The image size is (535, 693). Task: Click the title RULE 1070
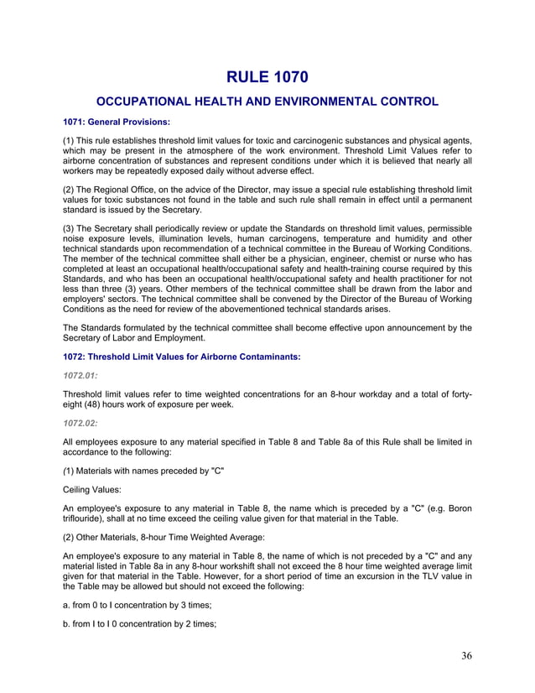[267, 78]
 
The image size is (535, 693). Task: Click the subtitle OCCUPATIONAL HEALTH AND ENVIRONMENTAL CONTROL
[267, 102]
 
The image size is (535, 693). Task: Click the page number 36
[466, 655]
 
